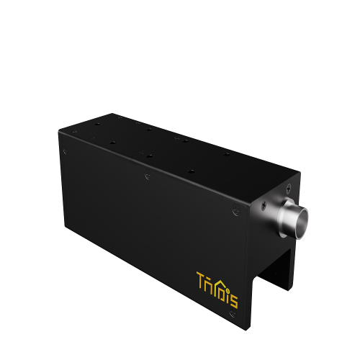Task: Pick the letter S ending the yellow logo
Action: point(233,289)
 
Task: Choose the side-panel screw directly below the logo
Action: point(232,313)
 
